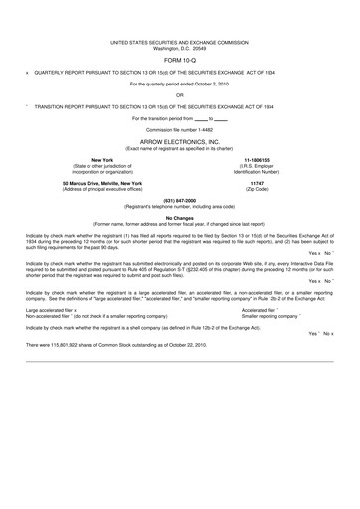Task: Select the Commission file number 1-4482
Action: [180, 129]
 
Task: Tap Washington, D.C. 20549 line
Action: [180, 48]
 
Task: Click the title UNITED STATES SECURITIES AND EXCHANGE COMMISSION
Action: [180, 42]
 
